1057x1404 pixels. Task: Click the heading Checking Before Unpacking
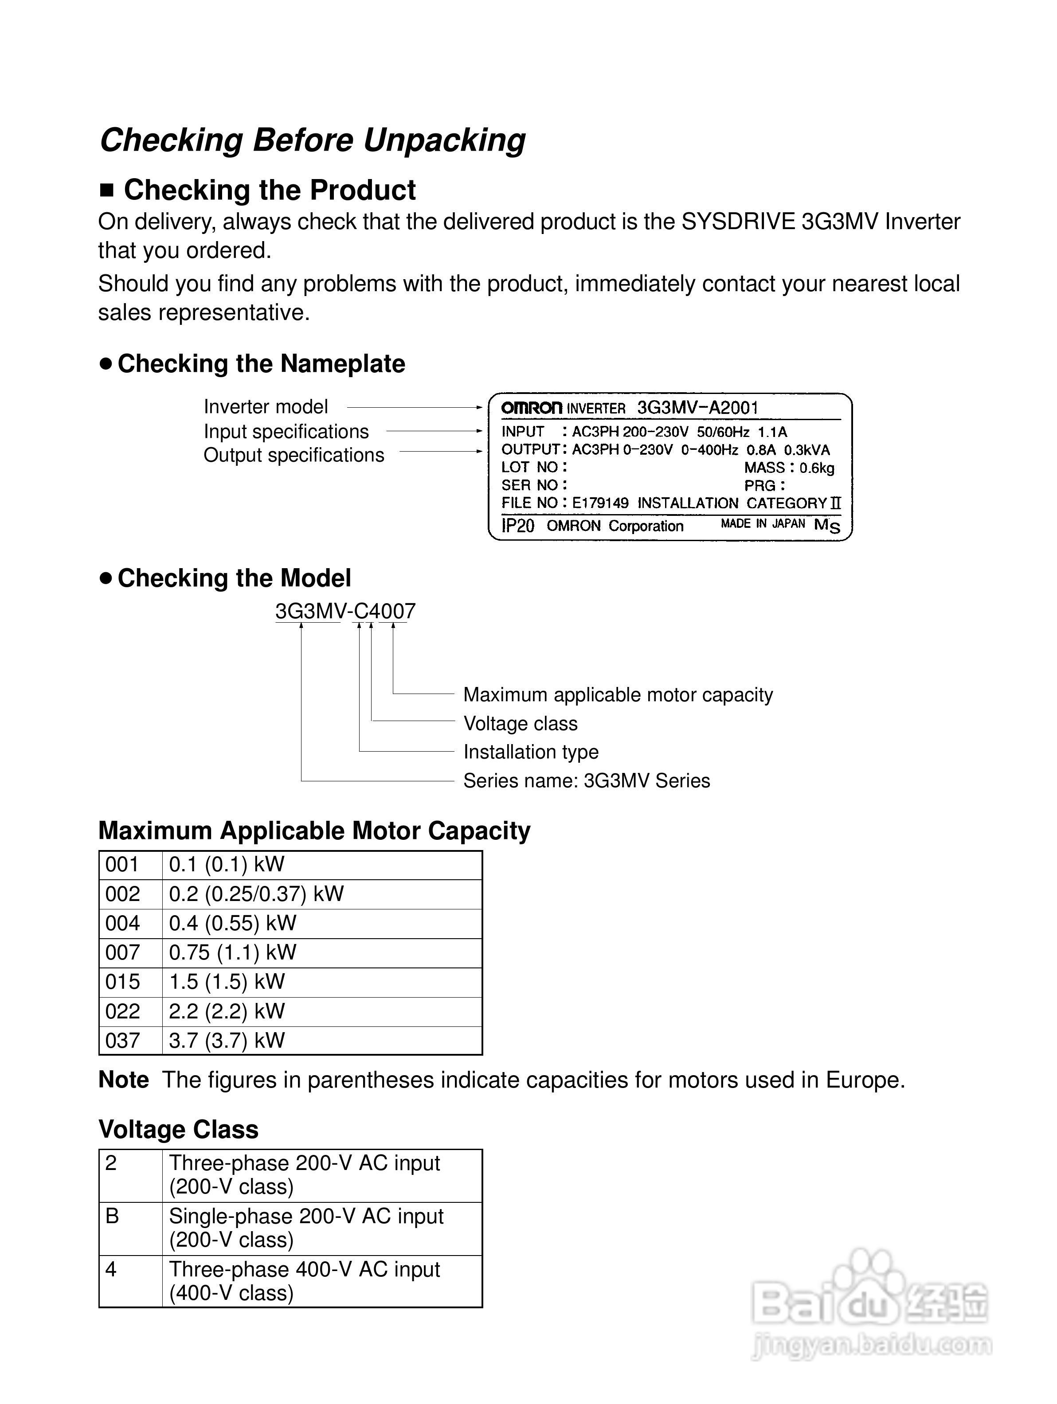[312, 140]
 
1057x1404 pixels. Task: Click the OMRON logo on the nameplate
[531, 408]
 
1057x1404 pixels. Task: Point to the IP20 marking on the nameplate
[517, 526]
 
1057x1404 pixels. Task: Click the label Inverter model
[266, 407]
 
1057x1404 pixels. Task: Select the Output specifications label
[294, 455]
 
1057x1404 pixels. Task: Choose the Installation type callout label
[531, 752]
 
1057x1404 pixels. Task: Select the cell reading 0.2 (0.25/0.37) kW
[256, 894]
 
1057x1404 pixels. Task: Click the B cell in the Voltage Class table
[112, 1216]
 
